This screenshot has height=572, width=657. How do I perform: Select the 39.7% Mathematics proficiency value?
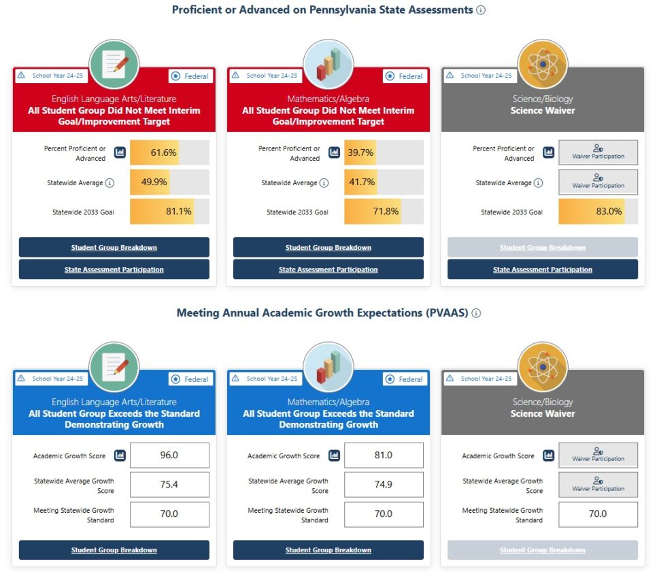360,153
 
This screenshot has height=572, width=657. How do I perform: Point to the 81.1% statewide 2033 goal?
178,212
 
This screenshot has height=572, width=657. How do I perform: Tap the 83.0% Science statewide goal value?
609,212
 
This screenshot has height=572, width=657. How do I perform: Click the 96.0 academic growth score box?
169,455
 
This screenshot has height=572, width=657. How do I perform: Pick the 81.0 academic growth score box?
384,455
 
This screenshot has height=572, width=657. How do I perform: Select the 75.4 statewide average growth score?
169,485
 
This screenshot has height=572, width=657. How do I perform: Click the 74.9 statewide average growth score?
384,485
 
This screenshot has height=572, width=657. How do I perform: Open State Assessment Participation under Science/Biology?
543,270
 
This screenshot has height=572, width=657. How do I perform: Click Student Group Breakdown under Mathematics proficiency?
328,248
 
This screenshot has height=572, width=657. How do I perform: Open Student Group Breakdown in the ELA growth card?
114,550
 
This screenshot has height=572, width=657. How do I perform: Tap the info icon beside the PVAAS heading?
476,313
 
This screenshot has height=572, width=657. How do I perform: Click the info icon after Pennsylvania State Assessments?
481,10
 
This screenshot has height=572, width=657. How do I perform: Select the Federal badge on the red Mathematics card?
403,76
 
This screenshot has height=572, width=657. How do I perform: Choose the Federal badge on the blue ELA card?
190,379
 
